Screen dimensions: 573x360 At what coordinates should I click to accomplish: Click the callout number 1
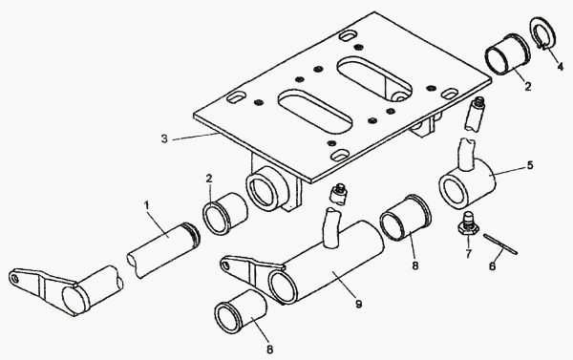tap(147, 205)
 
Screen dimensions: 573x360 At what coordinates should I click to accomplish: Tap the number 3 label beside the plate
tap(164, 139)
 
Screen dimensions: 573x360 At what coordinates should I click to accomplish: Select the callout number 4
tap(560, 67)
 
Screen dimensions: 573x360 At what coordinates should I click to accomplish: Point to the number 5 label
tap(529, 165)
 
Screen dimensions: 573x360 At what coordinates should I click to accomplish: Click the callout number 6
tap(492, 266)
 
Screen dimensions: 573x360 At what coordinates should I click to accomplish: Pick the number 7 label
tap(469, 253)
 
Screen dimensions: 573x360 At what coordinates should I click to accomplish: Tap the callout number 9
tap(358, 304)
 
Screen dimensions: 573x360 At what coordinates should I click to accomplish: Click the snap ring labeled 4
tap(542, 33)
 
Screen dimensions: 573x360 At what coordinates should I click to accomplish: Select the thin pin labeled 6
tap(500, 244)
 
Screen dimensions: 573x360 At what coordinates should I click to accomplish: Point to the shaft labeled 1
tap(163, 250)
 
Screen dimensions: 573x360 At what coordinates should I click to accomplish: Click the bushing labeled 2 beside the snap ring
tap(508, 54)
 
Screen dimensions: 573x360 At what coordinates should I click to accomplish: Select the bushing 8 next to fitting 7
tap(406, 219)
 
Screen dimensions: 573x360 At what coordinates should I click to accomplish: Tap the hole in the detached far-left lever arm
tap(15, 279)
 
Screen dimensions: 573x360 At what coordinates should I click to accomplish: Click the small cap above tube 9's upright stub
tap(339, 194)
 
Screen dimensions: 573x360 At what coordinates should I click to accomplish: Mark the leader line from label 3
tap(196, 137)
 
